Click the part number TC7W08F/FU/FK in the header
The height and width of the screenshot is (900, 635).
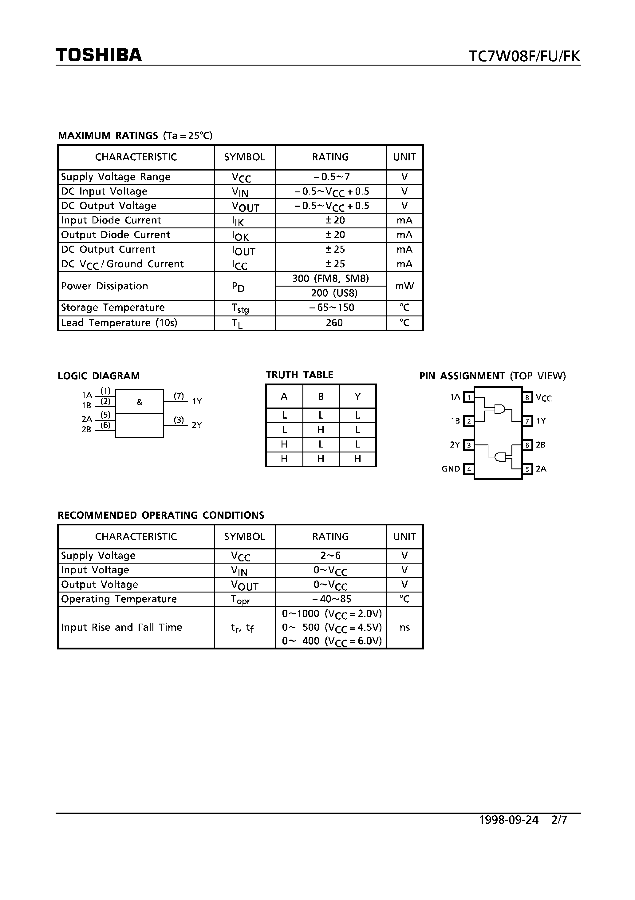[x=524, y=56]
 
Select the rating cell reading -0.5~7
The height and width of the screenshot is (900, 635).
[x=331, y=177]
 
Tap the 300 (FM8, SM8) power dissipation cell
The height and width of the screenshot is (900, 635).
[x=331, y=279]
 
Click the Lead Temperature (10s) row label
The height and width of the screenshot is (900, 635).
[x=119, y=323]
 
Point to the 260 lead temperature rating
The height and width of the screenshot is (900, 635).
[x=334, y=323]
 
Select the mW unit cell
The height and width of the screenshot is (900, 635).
[x=404, y=286]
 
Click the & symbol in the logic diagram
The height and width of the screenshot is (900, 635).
[x=139, y=402]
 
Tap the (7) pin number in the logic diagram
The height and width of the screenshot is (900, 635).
[x=179, y=396]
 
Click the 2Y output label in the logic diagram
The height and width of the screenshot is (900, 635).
[x=196, y=425]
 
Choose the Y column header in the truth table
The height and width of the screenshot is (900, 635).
[x=357, y=396]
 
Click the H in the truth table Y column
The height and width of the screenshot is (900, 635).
[x=357, y=459]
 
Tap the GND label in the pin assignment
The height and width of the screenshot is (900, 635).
[x=451, y=469]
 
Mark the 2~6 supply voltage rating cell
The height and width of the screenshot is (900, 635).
[x=331, y=556]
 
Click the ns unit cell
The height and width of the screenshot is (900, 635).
[x=404, y=628]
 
